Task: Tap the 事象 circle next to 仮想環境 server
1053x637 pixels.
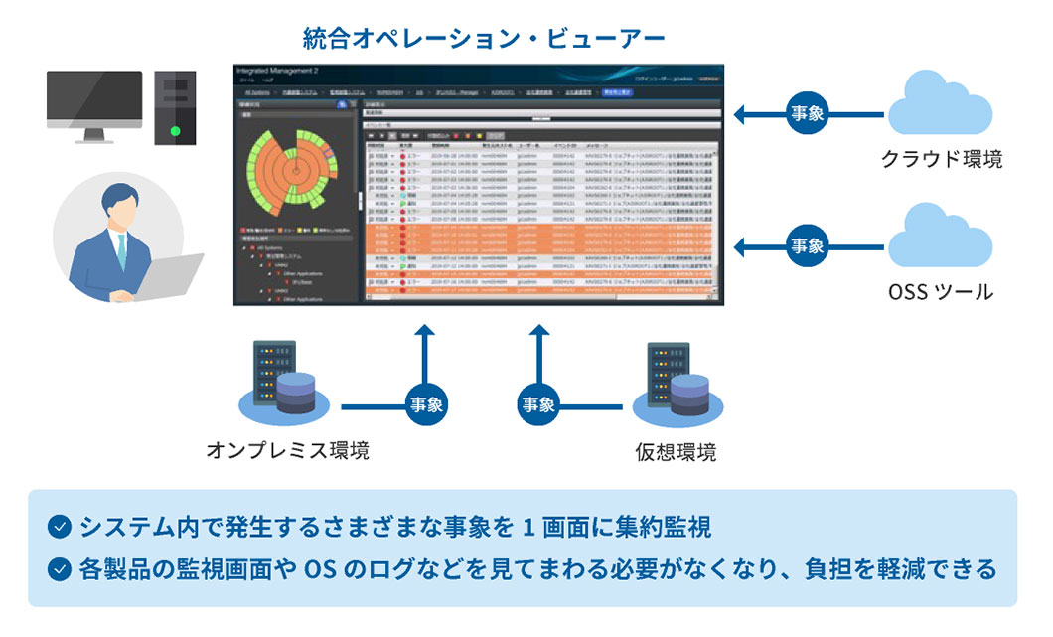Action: coord(538,404)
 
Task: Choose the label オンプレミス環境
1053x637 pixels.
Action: coord(288,450)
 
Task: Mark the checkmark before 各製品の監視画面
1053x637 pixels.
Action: coord(61,569)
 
